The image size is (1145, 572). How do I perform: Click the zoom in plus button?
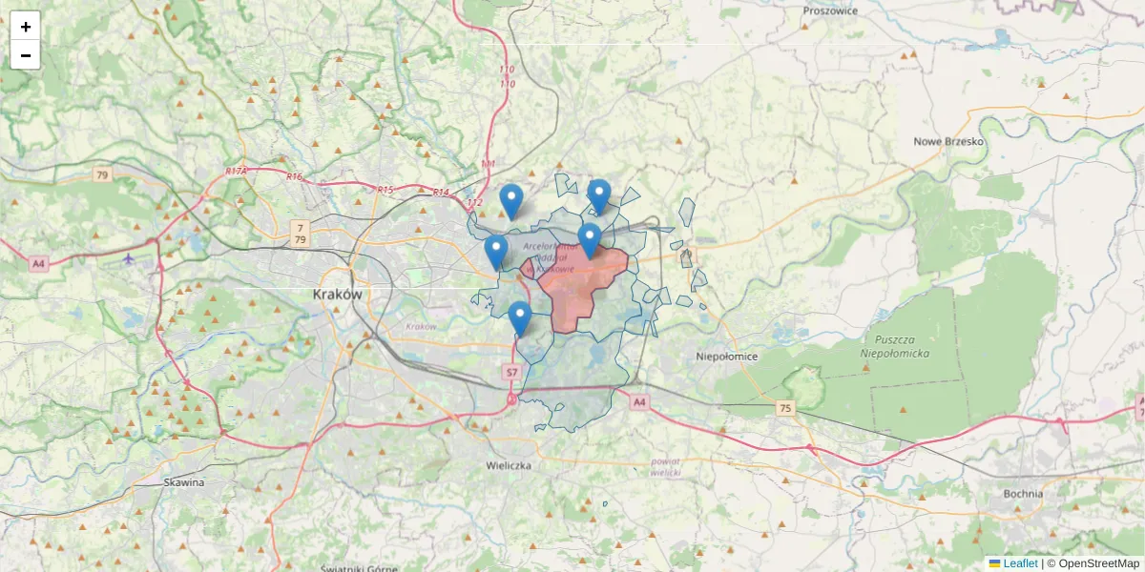click(x=26, y=27)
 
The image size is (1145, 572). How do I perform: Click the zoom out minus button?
click(x=26, y=55)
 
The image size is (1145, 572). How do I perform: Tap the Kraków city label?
click(x=338, y=295)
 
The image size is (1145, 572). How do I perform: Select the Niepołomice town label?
click(x=727, y=357)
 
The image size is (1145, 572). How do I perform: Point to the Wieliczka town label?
click(x=509, y=466)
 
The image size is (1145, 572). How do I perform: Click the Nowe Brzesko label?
click(x=948, y=142)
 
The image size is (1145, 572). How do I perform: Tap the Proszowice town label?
click(x=830, y=10)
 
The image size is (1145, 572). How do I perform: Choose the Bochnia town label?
click(x=1023, y=494)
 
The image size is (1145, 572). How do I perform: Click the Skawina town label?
click(x=183, y=482)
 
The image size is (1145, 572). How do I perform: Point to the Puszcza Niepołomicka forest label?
click(x=902, y=346)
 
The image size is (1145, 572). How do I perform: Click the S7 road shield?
click(x=512, y=373)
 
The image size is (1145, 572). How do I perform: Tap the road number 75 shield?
click(x=784, y=408)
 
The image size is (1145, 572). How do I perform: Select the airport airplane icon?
click(x=129, y=259)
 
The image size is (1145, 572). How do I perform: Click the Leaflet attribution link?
click(x=1020, y=563)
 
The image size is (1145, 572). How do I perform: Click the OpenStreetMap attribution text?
click(x=1098, y=563)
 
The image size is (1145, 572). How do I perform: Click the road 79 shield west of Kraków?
click(x=102, y=175)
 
